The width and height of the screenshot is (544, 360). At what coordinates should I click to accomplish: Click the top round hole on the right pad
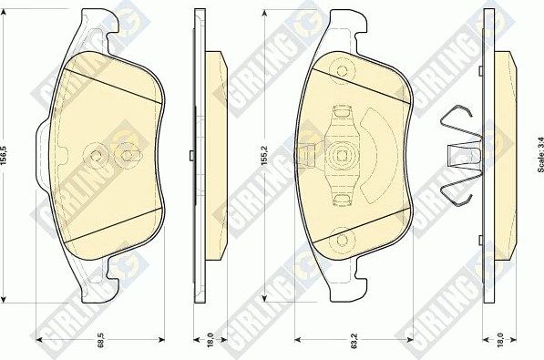[x=343, y=68]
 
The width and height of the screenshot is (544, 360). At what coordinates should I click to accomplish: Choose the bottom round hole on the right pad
[x=344, y=241]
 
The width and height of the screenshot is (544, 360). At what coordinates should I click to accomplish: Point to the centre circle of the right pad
[x=343, y=154]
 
